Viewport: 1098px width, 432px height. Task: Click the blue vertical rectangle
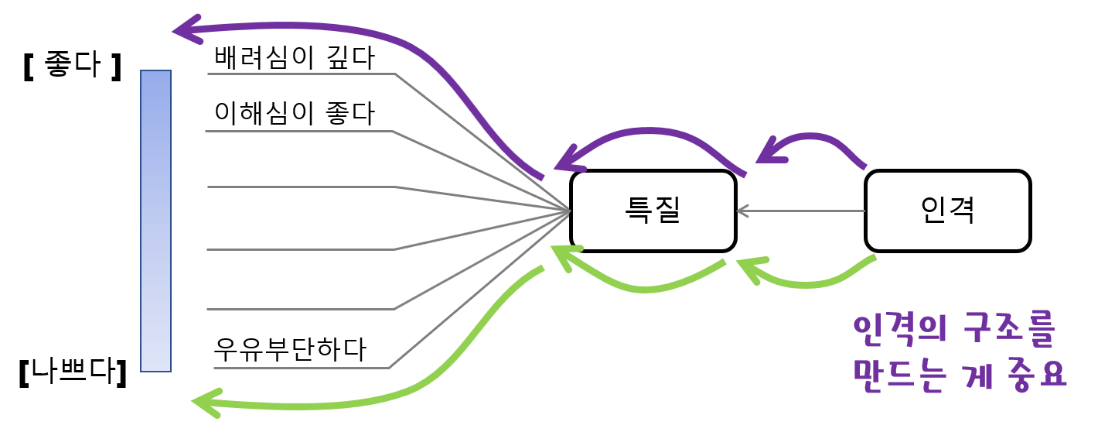click(x=155, y=221)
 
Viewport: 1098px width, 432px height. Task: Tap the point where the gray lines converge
click(x=569, y=211)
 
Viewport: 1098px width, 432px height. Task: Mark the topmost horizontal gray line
click(x=302, y=74)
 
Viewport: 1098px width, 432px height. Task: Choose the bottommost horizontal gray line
click(x=302, y=368)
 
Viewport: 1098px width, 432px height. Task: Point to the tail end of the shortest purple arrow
click(x=864, y=166)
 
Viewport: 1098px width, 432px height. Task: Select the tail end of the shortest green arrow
click(x=875, y=257)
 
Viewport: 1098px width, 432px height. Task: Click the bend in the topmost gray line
click(x=396, y=74)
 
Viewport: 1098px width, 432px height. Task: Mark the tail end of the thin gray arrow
click(x=864, y=211)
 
